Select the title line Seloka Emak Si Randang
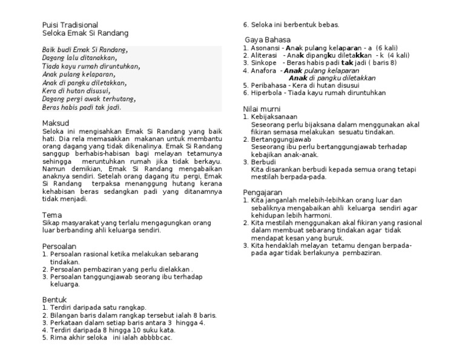pos(85,33)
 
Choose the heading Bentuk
pos(55,299)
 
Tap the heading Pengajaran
pos(264,192)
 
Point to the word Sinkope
pos(263,62)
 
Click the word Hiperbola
pos(266,93)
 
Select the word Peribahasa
pos(268,85)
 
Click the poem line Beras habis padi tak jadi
pos(82,107)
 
